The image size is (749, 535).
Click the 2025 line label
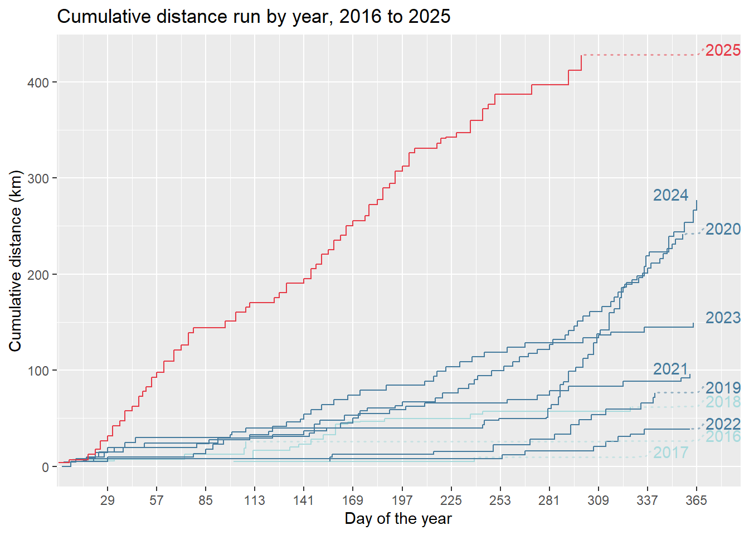click(723, 50)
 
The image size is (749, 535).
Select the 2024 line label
click(670, 195)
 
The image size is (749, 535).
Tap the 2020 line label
click(723, 229)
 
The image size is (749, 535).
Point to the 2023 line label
click(723, 318)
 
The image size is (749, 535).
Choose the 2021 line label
click(670, 369)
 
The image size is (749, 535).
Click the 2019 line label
click(723, 388)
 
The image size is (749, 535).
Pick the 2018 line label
click(723, 402)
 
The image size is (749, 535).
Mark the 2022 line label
click(723, 424)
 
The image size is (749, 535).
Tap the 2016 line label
click(723, 436)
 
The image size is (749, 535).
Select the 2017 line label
click(670, 453)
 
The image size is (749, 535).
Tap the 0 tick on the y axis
click(46, 467)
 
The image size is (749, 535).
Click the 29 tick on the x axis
click(108, 500)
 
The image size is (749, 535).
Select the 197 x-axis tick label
click(402, 500)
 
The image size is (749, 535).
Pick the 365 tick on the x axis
click(696, 500)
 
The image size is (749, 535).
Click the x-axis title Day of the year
click(398, 519)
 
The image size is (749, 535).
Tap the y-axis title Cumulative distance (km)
click(15, 261)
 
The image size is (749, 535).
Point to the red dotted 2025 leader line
click(641, 55)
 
